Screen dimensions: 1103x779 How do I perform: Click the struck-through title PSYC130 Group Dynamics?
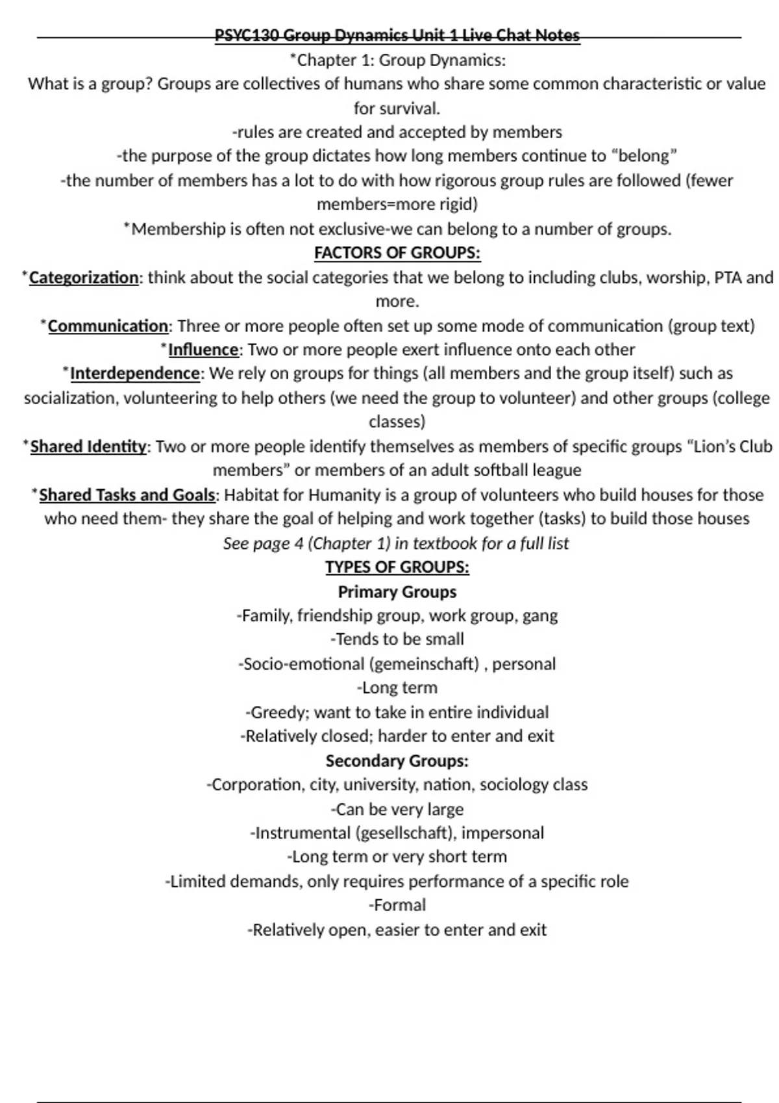tap(397, 36)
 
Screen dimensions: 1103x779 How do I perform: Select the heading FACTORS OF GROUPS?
tap(397, 252)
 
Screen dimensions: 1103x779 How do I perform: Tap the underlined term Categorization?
tap(84, 278)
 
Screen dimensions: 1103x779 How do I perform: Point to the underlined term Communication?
tap(108, 326)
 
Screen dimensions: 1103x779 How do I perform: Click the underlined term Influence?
tap(203, 350)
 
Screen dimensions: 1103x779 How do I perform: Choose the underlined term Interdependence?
tap(134, 374)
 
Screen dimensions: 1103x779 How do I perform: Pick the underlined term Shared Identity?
tap(88, 446)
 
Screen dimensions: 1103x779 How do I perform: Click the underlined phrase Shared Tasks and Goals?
tap(127, 495)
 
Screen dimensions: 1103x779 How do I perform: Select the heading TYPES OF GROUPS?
tap(397, 567)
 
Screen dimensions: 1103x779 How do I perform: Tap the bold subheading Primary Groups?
tap(397, 592)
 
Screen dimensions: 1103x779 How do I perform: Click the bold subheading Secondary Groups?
tap(397, 760)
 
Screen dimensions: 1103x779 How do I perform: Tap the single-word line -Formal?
tap(397, 905)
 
